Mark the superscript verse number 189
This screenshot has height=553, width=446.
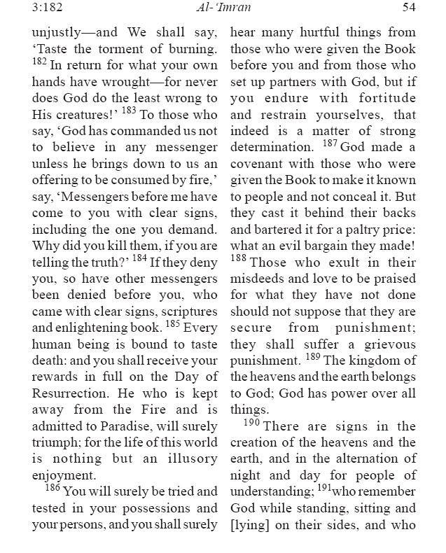click(x=313, y=357)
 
